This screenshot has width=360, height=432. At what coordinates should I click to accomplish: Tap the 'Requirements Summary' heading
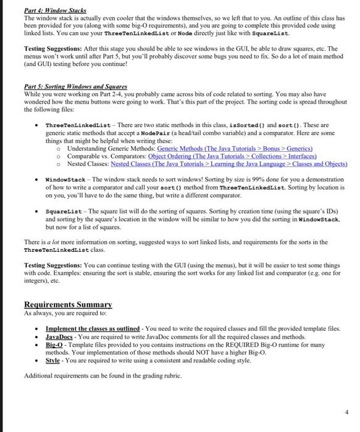[67, 304]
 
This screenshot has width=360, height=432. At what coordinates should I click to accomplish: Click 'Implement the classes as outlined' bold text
[93, 329]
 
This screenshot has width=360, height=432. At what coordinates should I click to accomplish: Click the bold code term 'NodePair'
[159, 133]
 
